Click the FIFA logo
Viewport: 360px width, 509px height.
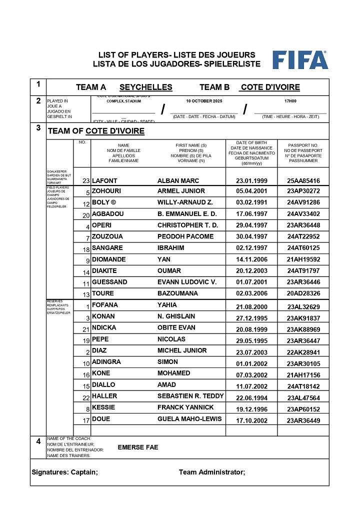[300, 60]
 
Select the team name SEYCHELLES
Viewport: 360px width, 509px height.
[145, 87]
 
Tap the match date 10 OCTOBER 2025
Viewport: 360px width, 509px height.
[203, 101]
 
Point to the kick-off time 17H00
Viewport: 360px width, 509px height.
[290, 101]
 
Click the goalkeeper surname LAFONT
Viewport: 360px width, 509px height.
[104, 180]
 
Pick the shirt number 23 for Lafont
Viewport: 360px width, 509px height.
[85, 181]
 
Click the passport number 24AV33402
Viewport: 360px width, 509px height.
[303, 214]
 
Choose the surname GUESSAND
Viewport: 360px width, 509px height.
[109, 282]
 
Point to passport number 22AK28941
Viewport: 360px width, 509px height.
[303, 351]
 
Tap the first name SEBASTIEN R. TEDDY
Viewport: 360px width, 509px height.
[190, 396]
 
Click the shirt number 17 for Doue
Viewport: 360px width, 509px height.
[86, 420]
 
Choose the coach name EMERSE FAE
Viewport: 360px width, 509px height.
[138, 447]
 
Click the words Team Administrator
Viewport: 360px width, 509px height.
[212, 472]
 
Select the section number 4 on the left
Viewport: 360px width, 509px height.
[38, 441]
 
